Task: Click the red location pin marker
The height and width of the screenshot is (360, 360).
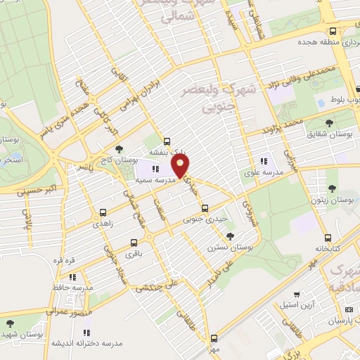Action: click(181, 167)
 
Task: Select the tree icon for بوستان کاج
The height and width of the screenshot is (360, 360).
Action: click(120, 149)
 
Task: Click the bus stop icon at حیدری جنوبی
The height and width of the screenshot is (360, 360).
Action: click(205, 208)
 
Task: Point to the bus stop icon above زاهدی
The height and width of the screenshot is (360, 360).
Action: click(103, 212)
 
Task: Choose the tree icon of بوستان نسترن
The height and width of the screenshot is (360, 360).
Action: click(231, 236)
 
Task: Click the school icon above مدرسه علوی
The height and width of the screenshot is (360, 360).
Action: click(264, 160)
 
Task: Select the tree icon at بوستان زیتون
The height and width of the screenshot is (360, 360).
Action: click(331, 188)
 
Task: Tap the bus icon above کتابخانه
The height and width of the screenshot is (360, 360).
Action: click(328, 238)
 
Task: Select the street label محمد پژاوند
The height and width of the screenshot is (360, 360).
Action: click(282, 127)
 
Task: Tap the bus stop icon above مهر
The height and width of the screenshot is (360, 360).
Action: click(217, 337)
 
